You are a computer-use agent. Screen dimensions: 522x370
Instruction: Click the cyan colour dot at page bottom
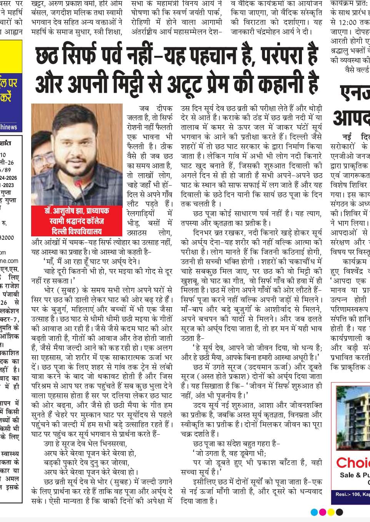(314, 512)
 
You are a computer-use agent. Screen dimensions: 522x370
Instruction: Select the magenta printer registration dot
(322, 512)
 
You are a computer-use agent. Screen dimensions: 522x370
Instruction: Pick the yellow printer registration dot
(331, 512)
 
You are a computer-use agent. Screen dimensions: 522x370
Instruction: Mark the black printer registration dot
(339, 512)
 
